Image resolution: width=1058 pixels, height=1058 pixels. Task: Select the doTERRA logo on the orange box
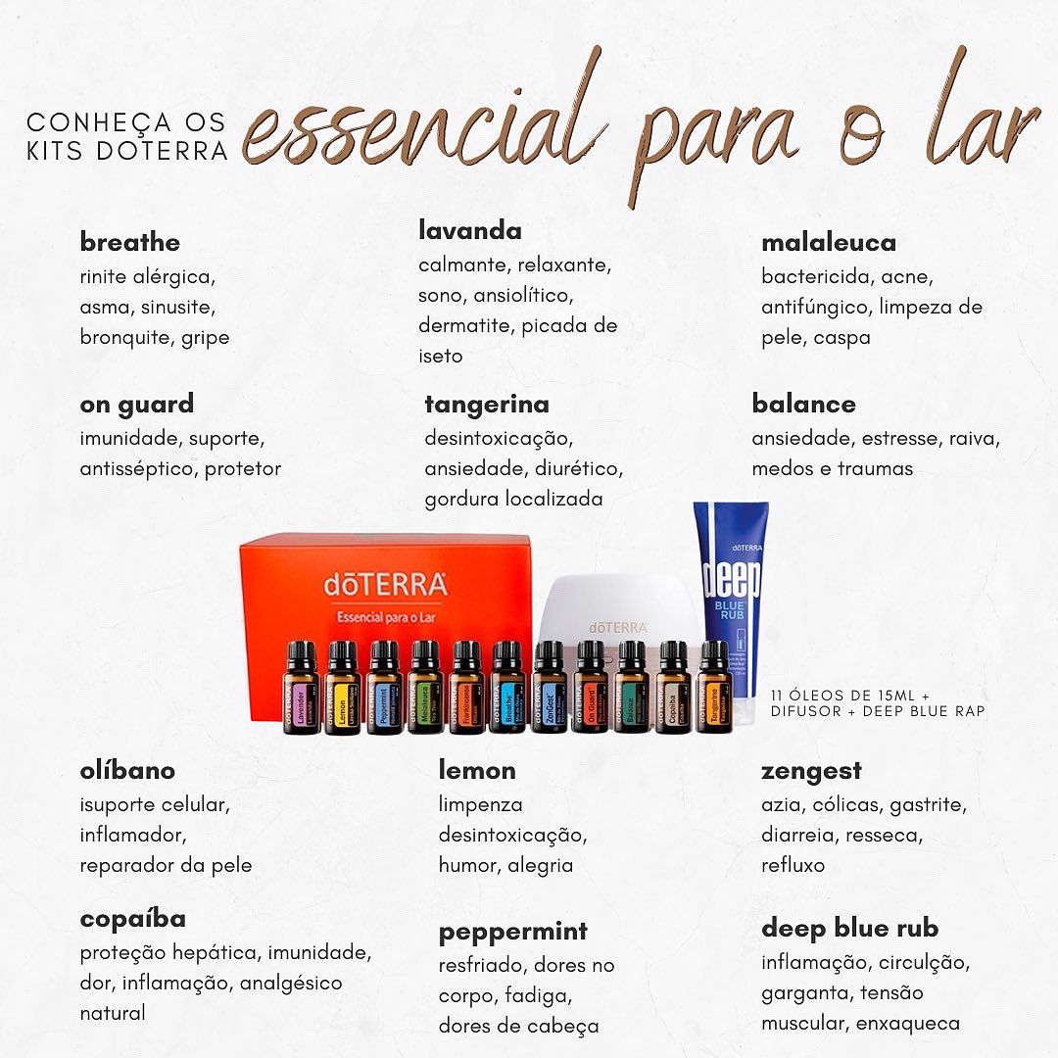pos(384,585)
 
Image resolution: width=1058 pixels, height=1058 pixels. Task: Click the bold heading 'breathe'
pos(130,242)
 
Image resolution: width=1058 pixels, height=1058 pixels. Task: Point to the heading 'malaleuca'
pos(829,242)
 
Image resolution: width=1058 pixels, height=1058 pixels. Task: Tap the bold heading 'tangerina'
pos(487,404)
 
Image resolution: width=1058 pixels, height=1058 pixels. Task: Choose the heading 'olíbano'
pos(127,770)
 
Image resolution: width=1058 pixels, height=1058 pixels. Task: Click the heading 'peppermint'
pos(513,931)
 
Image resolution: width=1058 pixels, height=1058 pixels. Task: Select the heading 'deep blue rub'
pos(849,928)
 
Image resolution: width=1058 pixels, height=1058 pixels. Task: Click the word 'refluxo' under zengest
pos(793,865)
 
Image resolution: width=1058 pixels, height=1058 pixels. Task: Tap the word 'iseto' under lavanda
pos(440,356)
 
